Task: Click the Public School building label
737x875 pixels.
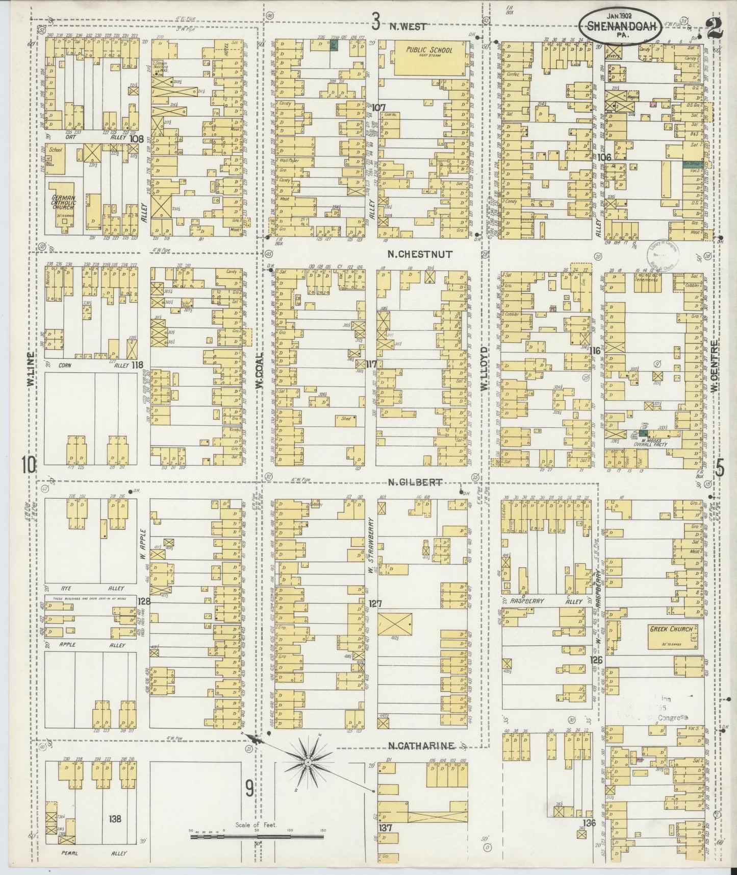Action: (429, 51)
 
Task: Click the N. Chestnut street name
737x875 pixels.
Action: (420, 254)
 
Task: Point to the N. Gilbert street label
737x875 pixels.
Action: (414, 482)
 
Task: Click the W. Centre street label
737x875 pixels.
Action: (716, 366)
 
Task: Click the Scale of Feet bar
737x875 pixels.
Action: (258, 838)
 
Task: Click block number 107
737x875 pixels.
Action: (378, 108)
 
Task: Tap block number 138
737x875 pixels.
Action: (115, 819)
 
